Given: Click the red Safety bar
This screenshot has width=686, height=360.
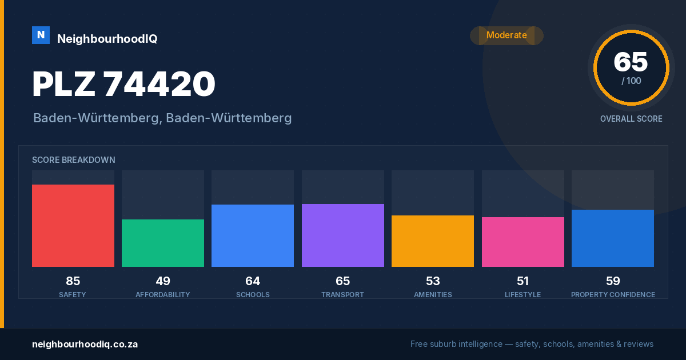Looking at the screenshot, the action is [x=73, y=226].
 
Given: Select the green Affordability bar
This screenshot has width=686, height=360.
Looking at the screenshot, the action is [x=163, y=243].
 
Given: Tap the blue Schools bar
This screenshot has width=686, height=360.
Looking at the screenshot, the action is [x=253, y=235].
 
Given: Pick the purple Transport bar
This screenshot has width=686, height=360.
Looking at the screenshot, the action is [x=342, y=235].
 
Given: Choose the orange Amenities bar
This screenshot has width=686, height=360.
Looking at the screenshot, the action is [x=433, y=241].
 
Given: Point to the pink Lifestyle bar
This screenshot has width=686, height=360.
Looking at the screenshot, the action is [x=523, y=242].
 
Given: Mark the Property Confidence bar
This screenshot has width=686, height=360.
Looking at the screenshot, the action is [x=613, y=238].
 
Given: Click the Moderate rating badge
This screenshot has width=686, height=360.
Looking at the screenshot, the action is [x=506, y=35].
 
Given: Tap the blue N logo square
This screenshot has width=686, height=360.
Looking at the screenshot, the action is [x=41, y=35].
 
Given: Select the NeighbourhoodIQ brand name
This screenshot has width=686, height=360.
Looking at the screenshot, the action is [x=107, y=39].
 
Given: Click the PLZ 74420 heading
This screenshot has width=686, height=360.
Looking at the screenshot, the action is [x=123, y=83].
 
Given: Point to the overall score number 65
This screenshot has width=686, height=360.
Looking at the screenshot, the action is [x=631, y=62].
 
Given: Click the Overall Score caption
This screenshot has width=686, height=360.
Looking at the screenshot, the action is [x=631, y=119].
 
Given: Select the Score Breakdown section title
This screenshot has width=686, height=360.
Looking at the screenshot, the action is [x=74, y=160].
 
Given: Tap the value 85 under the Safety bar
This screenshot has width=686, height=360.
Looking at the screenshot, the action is [x=73, y=281].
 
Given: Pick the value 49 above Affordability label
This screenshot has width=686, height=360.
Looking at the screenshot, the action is [x=163, y=281].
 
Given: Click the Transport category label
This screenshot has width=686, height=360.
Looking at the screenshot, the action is [x=342, y=294].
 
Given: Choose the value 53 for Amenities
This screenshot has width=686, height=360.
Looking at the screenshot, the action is [x=433, y=281].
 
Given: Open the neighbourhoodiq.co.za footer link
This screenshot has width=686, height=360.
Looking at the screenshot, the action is [x=85, y=345].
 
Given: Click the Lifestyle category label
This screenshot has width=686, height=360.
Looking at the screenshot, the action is [x=523, y=294].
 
